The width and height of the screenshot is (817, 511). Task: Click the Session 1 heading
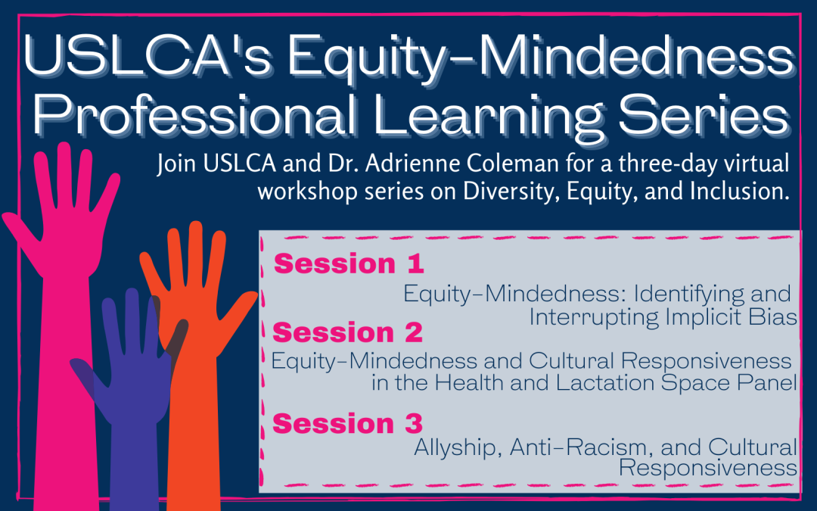[x=349, y=264]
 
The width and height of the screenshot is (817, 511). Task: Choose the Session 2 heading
[x=347, y=332]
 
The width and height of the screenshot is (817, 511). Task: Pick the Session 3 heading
[x=347, y=423]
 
